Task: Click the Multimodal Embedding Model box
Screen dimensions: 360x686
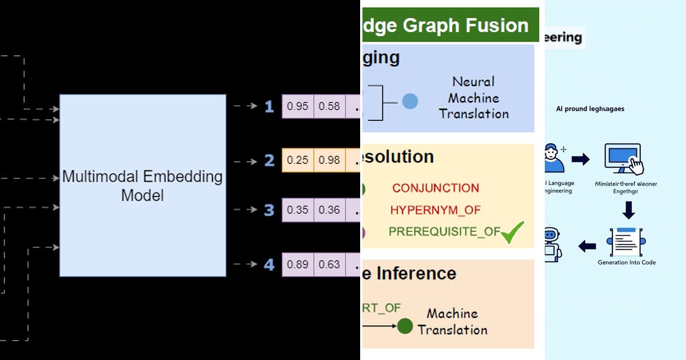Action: tap(142, 185)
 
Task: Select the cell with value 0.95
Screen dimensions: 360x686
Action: tap(297, 106)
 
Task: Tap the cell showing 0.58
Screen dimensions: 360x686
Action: tap(329, 106)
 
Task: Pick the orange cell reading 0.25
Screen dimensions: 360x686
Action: tap(297, 161)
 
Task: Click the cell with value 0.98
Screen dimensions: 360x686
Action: tap(329, 161)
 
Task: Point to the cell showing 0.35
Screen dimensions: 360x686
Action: tap(297, 210)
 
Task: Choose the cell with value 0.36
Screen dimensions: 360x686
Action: tap(329, 210)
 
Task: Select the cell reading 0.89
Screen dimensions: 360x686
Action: tap(297, 264)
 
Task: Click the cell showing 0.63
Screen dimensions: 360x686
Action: tap(329, 264)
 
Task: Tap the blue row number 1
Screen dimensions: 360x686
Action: tap(269, 106)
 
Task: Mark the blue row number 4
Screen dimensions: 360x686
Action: tap(269, 265)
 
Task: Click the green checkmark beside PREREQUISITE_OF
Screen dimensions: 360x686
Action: tap(512, 232)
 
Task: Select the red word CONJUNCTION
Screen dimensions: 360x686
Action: tap(436, 188)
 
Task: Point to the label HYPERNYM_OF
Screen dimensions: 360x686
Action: tap(436, 210)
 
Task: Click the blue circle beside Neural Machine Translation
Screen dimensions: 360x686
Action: tap(410, 102)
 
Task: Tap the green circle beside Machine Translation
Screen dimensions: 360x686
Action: tap(405, 326)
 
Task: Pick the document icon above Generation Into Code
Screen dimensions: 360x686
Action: tap(627, 242)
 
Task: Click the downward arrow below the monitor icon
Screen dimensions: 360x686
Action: tap(628, 210)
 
